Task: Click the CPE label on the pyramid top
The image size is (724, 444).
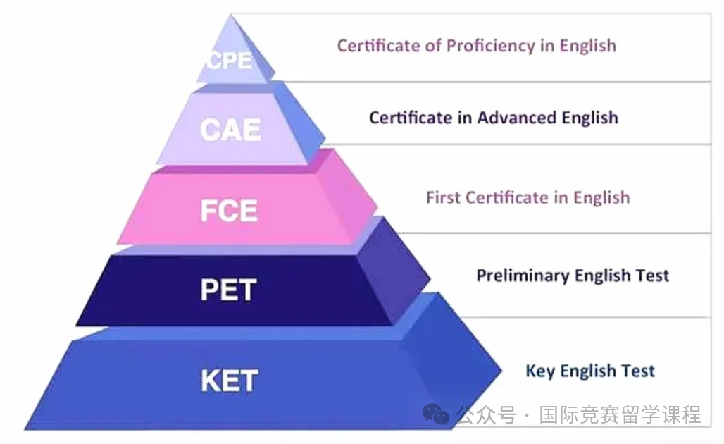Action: tap(230, 61)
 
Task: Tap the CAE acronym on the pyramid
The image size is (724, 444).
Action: tap(230, 130)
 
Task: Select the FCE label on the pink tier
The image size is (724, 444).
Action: tap(229, 211)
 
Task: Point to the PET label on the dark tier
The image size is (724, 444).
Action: tap(229, 290)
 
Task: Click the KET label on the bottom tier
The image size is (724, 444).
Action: tap(230, 381)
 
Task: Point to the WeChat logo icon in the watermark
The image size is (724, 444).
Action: tap(435, 414)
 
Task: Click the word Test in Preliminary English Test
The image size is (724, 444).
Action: tap(652, 276)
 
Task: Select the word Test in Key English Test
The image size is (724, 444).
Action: tap(637, 371)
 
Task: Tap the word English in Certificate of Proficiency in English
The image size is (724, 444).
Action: tap(588, 47)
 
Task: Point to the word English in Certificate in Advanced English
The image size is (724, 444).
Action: tap(589, 118)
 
